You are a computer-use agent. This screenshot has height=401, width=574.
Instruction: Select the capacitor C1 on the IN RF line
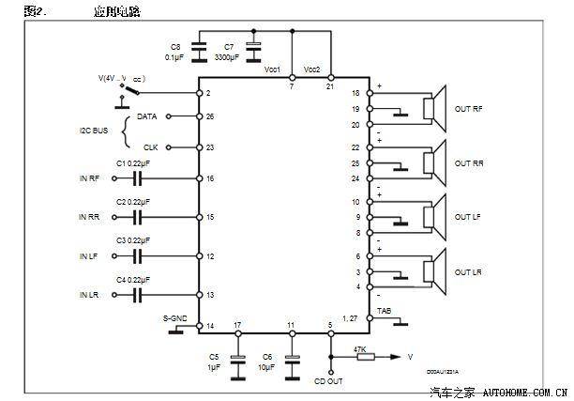pyautogui.click(x=139, y=177)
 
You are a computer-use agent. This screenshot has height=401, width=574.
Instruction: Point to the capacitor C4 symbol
pyautogui.click(x=139, y=294)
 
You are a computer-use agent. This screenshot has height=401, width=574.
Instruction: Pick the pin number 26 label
pyautogui.click(x=209, y=117)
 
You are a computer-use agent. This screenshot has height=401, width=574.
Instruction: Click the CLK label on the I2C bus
pyautogui.click(x=150, y=147)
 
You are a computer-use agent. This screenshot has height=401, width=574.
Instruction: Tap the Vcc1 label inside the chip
pyautogui.click(x=273, y=70)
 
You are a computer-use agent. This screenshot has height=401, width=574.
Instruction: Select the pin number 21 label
pyautogui.click(x=329, y=86)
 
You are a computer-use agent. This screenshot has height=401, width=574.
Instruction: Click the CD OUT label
pyautogui.click(x=328, y=382)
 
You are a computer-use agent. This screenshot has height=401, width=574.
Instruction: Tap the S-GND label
pyautogui.click(x=175, y=317)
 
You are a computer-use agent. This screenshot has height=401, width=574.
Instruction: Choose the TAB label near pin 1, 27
pyautogui.click(x=384, y=310)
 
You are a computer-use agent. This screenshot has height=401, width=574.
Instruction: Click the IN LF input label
pyautogui.click(x=88, y=256)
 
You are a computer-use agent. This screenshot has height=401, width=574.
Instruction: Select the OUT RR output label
pyautogui.click(x=468, y=162)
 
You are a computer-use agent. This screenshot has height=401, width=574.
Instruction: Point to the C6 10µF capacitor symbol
pyautogui.click(x=292, y=359)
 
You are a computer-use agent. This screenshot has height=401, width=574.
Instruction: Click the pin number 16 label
pyautogui.click(x=209, y=178)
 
